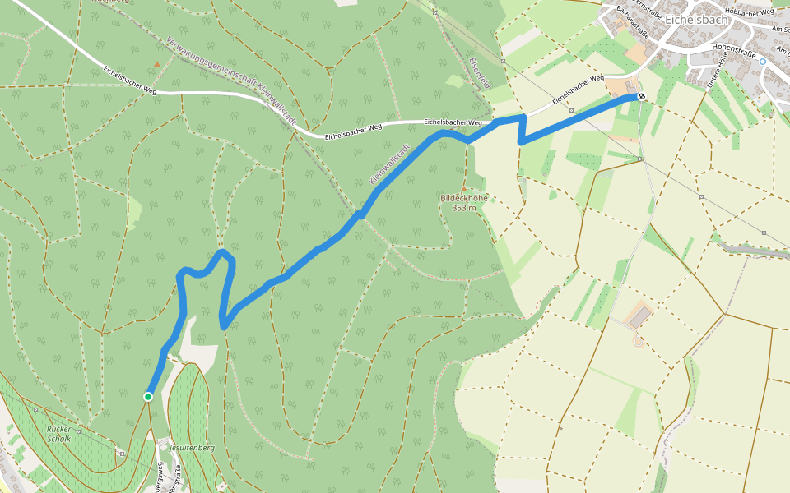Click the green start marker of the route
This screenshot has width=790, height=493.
[148, 397]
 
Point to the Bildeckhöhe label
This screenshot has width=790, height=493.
[464, 199]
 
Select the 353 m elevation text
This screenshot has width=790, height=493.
[464, 208]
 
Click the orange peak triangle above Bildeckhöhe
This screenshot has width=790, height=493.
[463, 190]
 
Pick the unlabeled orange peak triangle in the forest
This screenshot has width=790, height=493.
[156, 63]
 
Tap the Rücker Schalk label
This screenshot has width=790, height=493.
[59, 433]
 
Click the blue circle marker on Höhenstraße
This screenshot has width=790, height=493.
[763, 62]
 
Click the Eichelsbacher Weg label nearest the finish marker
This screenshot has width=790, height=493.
[578, 90]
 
